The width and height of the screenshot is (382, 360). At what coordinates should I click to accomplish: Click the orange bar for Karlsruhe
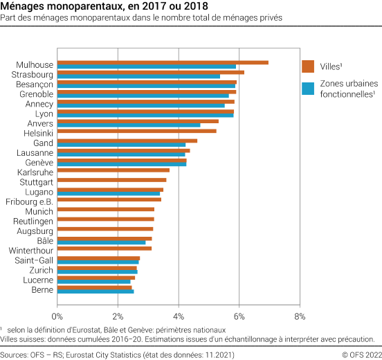pos(113,170)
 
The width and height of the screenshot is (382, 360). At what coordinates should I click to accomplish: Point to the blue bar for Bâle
pos(102,242)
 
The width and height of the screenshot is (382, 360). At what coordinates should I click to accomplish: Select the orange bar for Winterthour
pos(104,248)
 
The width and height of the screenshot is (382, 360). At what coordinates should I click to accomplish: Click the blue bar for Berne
pos(95,291)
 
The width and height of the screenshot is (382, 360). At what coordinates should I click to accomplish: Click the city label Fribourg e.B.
pos(29,201)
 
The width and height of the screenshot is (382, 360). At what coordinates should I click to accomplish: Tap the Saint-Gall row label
pos(34,260)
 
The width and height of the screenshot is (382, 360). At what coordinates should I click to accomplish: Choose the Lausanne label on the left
pos(35,152)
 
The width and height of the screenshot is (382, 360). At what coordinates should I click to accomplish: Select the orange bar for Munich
pos(106,208)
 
